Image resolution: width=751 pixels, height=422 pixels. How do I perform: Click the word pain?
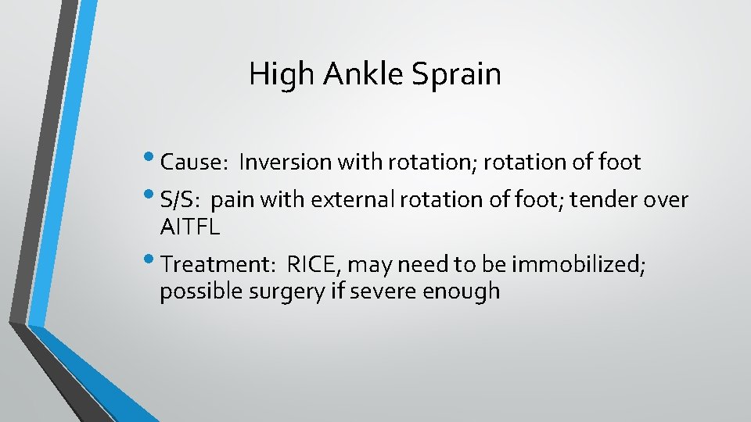coord(233,201)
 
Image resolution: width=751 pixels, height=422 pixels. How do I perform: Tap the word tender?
coord(603,201)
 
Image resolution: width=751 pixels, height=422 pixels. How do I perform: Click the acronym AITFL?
coord(189,227)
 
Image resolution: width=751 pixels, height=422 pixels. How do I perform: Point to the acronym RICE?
coord(312,266)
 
